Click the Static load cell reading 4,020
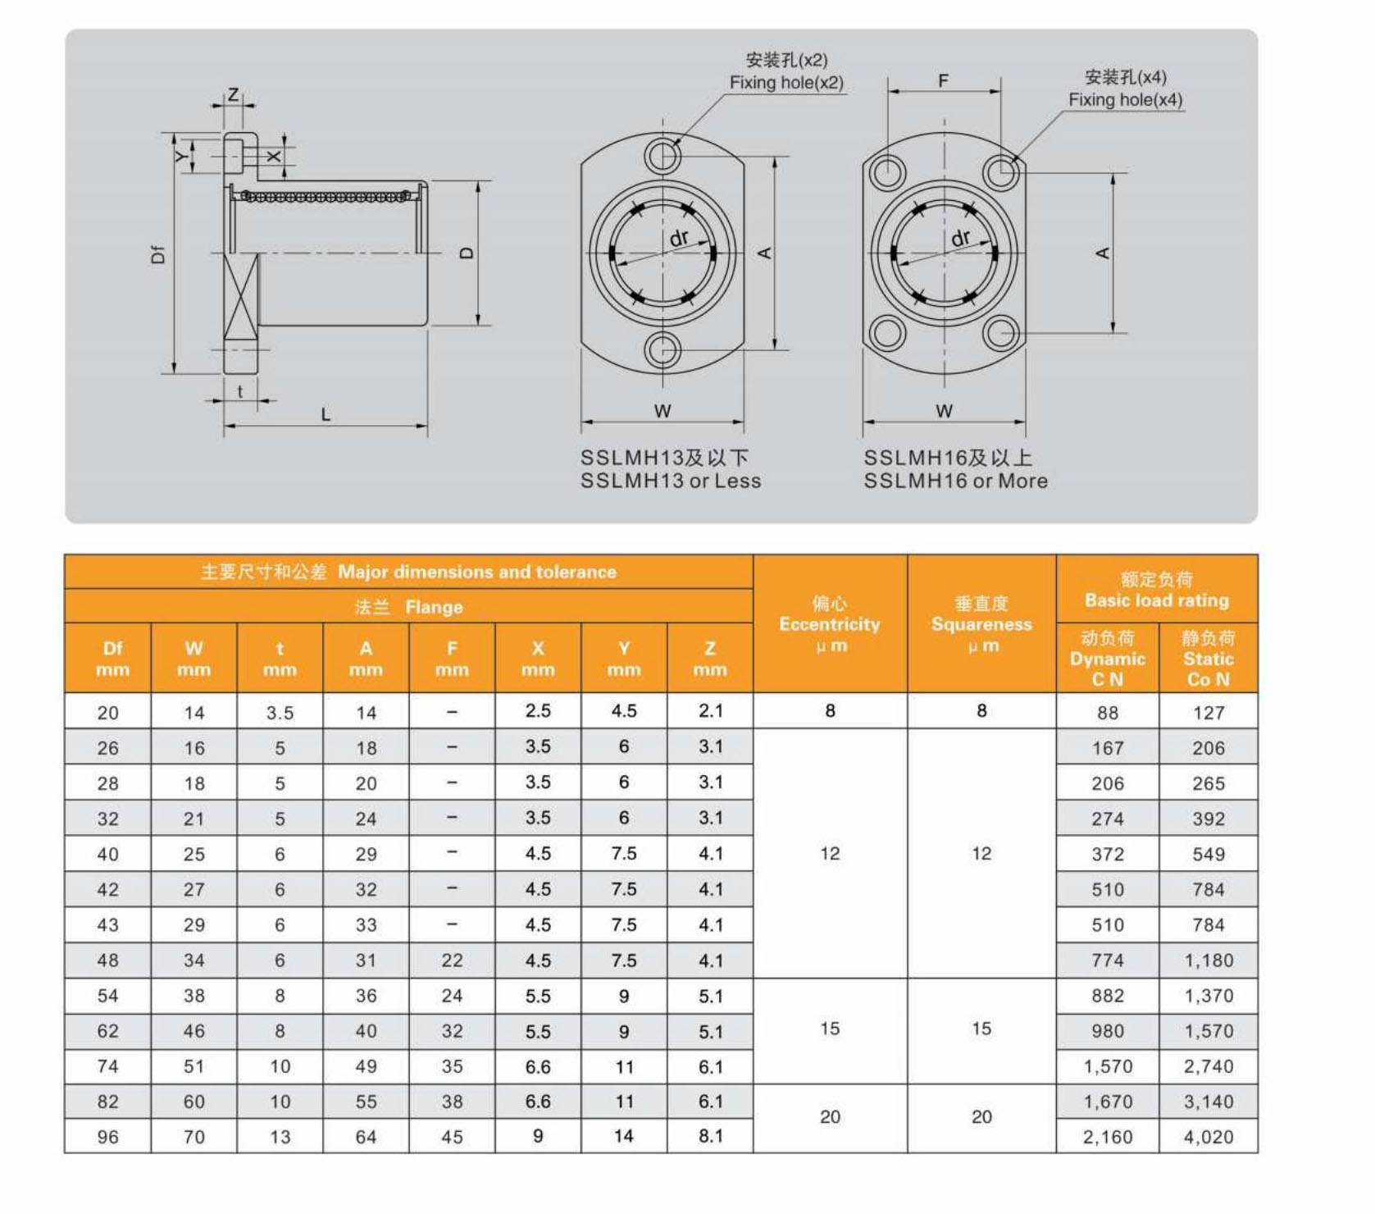(x=1208, y=1137)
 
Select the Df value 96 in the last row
(x=107, y=1137)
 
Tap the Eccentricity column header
(x=829, y=624)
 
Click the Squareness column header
(x=981, y=624)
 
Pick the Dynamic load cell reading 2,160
(x=1107, y=1137)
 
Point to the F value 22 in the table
(x=452, y=960)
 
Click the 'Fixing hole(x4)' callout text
(x=1125, y=99)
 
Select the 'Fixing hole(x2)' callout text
(x=785, y=82)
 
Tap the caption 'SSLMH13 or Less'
(x=670, y=481)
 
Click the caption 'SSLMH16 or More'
(x=955, y=481)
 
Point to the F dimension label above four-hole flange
(x=943, y=80)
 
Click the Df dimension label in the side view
(x=158, y=254)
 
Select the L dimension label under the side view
(x=326, y=414)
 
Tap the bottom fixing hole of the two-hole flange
(x=662, y=350)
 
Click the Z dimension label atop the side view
(x=233, y=94)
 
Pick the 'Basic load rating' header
(x=1156, y=600)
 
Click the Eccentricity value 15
(x=829, y=1029)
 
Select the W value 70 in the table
(x=194, y=1137)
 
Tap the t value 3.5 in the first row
(x=280, y=713)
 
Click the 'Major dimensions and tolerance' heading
(x=476, y=572)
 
